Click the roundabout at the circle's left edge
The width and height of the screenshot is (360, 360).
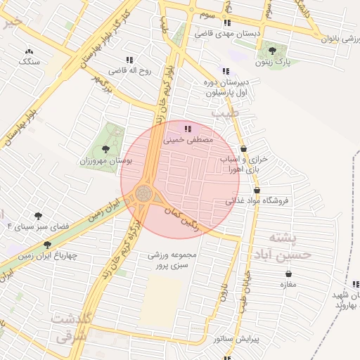[x=143, y=192]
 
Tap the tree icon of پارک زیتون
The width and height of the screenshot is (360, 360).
[x=273, y=51]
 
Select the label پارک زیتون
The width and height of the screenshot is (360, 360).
[x=273, y=63]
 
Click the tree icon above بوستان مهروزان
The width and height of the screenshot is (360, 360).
[x=105, y=148]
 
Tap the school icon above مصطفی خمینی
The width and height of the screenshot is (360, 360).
[x=187, y=129]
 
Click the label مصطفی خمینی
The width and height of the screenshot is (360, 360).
[x=187, y=140]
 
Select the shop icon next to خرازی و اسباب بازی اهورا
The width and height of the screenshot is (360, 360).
[x=243, y=148]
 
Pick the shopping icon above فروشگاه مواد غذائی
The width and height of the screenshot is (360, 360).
[x=257, y=190]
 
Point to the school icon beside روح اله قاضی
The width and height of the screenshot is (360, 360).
[x=129, y=60]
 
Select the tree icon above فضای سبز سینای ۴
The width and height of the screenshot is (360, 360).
[x=38, y=215]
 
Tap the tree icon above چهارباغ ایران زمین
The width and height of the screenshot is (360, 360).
[x=47, y=244]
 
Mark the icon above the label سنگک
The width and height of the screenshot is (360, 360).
[x=29, y=51]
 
